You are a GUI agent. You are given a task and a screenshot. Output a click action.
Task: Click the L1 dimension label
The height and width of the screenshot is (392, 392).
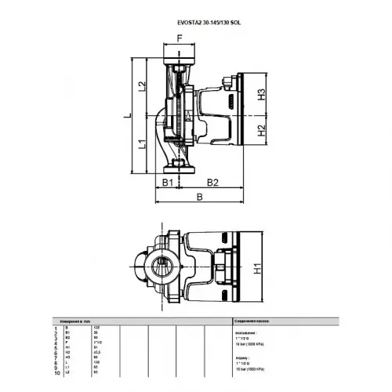[x=142, y=144]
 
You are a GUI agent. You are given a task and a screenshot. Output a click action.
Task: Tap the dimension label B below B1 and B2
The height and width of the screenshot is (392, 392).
[x=201, y=198]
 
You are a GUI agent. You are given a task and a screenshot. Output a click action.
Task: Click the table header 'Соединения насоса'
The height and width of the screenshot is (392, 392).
[x=255, y=321]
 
